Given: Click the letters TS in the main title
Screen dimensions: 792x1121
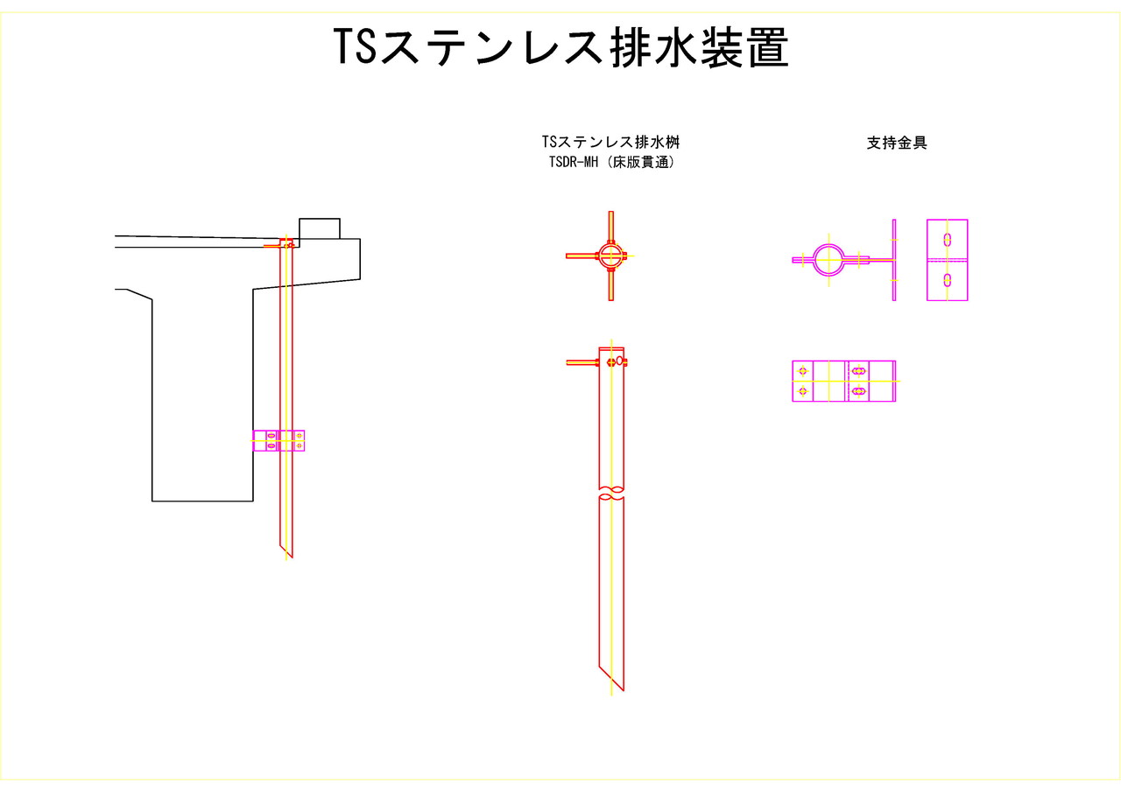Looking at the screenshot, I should pyautogui.click(x=355, y=48).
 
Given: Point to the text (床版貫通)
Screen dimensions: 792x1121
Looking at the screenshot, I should pyautogui.click(x=644, y=162).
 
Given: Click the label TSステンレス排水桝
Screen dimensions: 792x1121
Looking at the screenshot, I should pyautogui.click(x=610, y=142).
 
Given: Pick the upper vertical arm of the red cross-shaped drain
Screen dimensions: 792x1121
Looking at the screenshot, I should pyautogui.click(x=611, y=225).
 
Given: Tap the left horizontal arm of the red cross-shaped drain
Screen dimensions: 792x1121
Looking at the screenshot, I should pyautogui.click(x=581, y=256).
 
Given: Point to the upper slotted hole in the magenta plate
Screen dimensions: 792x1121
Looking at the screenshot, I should pyautogui.click(x=948, y=239).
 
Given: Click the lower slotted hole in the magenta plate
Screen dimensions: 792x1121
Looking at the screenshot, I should pyautogui.click(x=948, y=280).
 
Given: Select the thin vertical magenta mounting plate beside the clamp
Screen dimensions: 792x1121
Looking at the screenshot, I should pyautogui.click(x=894, y=260).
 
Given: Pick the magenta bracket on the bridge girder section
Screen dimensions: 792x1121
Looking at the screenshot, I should pyautogui.click(x=278, y=440).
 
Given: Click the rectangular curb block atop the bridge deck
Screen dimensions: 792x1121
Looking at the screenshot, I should pyautogui.click(x=319, y=228).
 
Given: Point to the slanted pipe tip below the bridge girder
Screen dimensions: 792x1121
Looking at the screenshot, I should pyautogui.click(x=286, y=551).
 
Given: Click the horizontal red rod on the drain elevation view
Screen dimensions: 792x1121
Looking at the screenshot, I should pyautogui.click(x=582, y=361).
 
